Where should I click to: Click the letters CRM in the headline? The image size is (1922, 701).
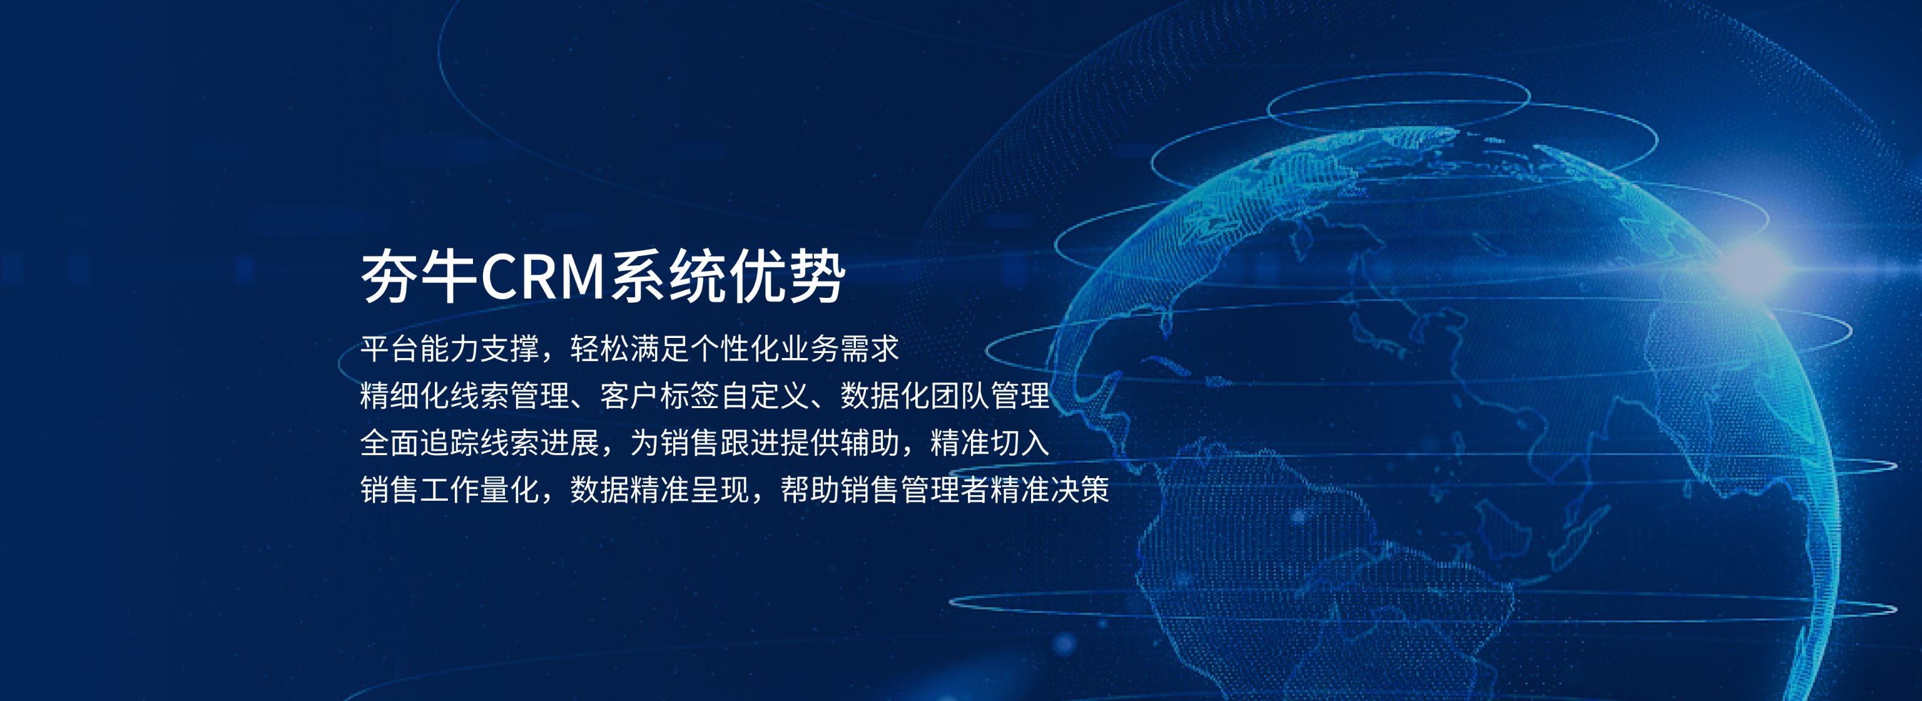tap(542, 277)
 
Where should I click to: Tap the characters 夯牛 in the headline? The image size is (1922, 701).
tap(419, 277)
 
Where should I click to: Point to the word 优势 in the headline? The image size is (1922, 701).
tap(787, 277)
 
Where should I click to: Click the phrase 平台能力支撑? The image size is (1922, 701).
tap(450, 349)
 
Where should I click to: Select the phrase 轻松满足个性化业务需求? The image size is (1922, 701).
tap(735, 349)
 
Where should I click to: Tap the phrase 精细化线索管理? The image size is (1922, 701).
tap(465, 396)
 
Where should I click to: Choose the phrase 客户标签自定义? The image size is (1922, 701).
tap(705, 396)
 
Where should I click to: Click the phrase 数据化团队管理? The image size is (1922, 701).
tap(945, 396)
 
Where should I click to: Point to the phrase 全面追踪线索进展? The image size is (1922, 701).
tap(480, 443)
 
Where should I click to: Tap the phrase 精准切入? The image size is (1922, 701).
tap(990, 443)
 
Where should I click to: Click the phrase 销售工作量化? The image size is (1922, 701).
tap(450, 489)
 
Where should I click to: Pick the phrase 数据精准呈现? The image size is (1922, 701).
tap(659, 489)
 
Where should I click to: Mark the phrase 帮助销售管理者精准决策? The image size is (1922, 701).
tap(945, 489)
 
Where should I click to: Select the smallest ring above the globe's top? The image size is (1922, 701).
tap(1398, 74)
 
